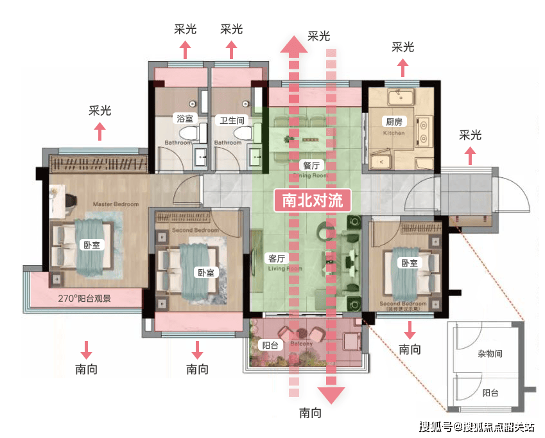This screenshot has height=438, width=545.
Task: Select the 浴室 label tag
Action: (183, 119)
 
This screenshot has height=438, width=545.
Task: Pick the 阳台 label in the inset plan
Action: (490, 392)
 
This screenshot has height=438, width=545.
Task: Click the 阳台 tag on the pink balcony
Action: (269, 344)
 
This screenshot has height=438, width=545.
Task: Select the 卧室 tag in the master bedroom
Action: (91, 245)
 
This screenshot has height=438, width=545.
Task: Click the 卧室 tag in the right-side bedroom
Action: (409, 263)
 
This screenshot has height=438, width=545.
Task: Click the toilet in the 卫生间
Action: (243, 133)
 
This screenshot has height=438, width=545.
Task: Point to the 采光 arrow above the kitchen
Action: (402, 66)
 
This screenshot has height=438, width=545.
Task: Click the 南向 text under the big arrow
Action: (311, 414)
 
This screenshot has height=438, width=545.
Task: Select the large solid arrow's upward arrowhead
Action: (295, 45)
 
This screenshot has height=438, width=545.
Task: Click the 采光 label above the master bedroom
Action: (99, 110)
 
